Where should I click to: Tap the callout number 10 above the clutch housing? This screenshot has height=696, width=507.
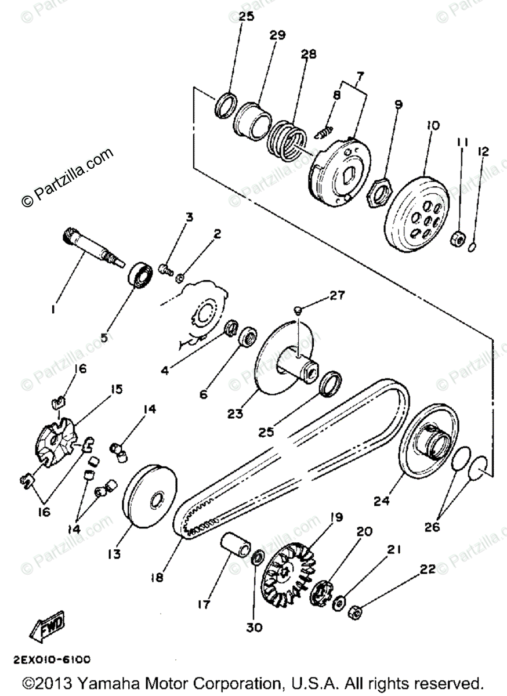point(433,125)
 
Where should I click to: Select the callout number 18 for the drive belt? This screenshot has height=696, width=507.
point(158,577)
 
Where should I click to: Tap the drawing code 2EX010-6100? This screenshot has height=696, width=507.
point(50,659)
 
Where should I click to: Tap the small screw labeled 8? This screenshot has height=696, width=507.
point(323,132)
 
